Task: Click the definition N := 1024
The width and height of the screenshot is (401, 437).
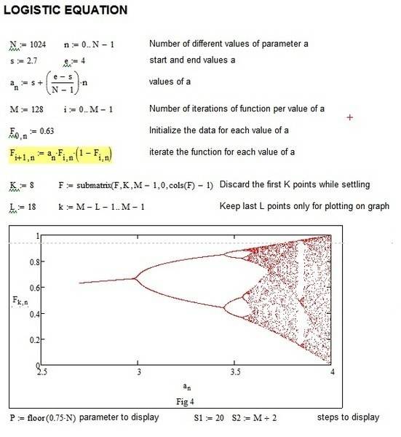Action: pyautogui.click(x=30, y=45)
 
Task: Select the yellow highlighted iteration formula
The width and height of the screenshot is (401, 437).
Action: pyautogui.click(x=61, y=154)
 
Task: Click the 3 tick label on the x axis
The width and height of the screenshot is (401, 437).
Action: pyautogui.click(x=138, y=371)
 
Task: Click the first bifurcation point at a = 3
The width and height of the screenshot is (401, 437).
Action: pyautogui.click(x=138, y=277)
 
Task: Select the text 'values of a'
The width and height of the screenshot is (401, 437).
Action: pyautogui.click(x=170, y=82)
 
